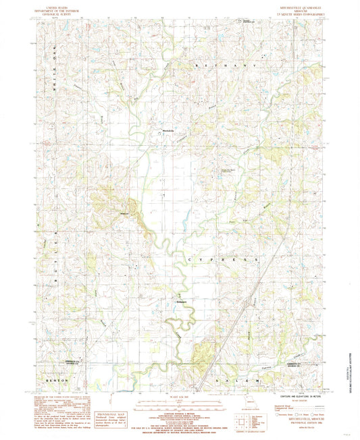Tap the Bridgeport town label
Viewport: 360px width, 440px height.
pyautogui.click(x=181, y=300)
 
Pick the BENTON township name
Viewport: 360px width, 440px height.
pyautogui.click(x=59, y=381)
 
